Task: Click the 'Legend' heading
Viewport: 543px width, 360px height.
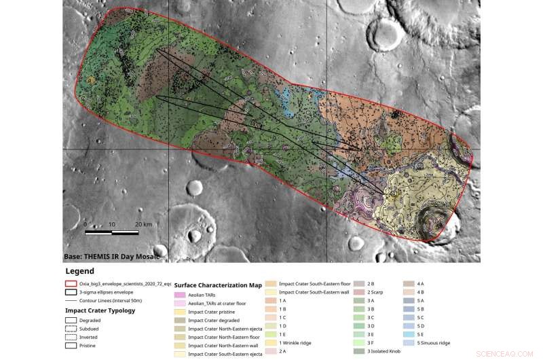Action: [x=80, y=271]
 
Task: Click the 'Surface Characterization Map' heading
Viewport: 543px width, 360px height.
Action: [x=218, y=285]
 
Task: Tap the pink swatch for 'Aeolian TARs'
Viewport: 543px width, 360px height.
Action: [x=180, y=295]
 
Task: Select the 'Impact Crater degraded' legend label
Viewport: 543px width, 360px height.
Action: [x=216, y=320]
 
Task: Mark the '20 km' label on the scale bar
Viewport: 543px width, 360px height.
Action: [x=143, y=223]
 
